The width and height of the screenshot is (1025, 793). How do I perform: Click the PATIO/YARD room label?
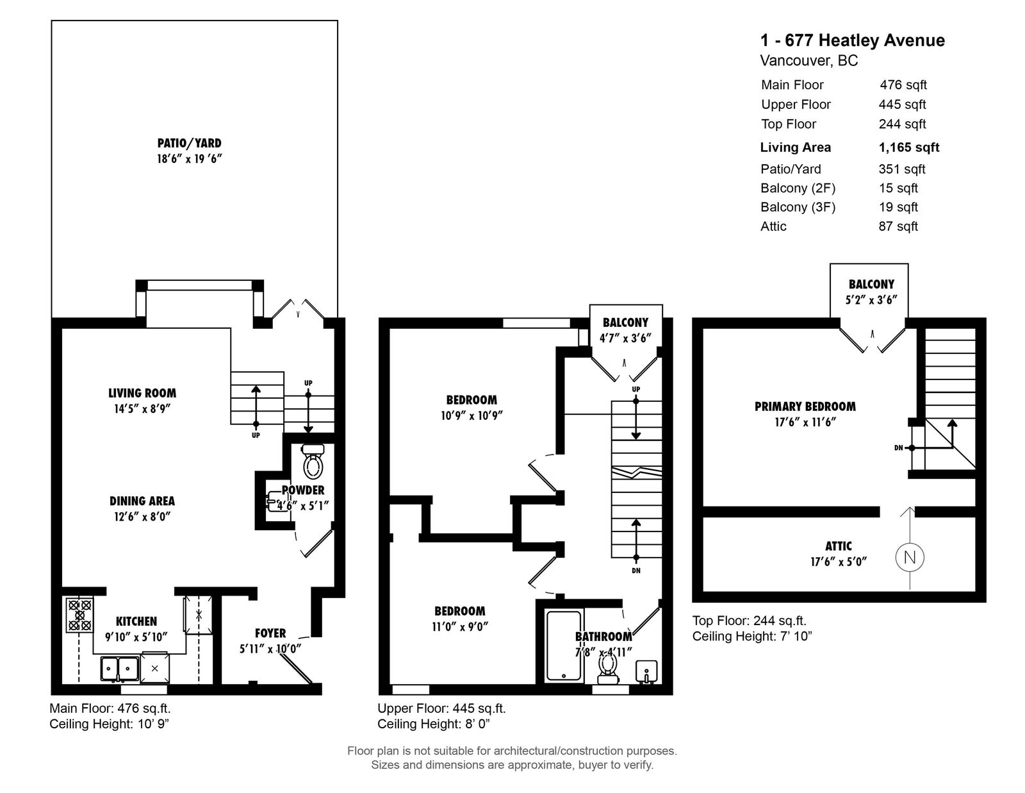point(189,143)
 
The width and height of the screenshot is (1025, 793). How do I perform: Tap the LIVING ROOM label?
point(142,393)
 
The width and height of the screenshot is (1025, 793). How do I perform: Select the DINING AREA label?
point(142,501)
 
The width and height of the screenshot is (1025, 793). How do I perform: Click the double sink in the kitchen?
point(119,669)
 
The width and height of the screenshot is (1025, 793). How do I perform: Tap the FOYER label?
point(270,633)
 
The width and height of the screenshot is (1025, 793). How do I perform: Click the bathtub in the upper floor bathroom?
point(564,646)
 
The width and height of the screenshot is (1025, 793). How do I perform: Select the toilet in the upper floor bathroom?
point(606,668)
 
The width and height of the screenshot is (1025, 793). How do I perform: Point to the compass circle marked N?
point(909,557)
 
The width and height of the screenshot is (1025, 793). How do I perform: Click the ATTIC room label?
point(838,546)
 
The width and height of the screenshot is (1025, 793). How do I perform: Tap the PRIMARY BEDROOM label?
point(805,406)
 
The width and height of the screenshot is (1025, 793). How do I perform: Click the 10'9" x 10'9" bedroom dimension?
point(471,415)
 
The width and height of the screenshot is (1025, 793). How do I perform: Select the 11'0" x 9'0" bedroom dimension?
point(459,627)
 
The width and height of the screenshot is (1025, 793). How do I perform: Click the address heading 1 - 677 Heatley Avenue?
point(852,40)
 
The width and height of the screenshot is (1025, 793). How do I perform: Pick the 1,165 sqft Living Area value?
point(909,147)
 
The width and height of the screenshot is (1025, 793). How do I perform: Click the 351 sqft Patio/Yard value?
point(902,169)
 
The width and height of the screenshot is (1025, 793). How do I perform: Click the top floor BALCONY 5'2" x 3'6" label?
point(871,292)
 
